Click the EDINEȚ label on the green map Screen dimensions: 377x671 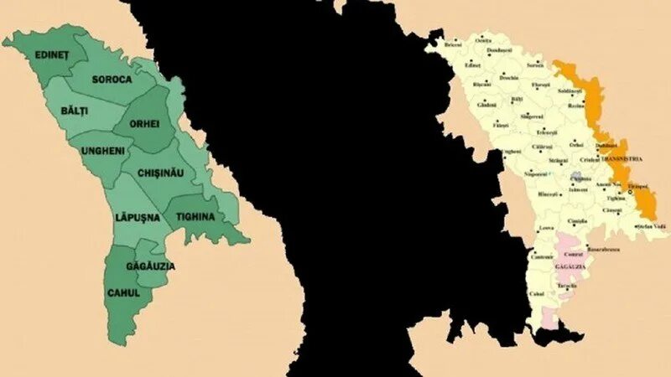(x=52, y=54)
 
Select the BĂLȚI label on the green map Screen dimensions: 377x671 (x=75, y=111)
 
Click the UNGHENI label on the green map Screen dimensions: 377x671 (x=103, y=151)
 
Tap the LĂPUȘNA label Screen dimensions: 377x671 (x=137, y=217)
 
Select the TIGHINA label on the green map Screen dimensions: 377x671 (x=195, y=217)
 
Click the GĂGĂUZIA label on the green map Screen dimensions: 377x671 (x=150, y=266)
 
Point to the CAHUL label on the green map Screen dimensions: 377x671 (x=123, y=292)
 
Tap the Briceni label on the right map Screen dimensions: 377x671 (x=454, y=44)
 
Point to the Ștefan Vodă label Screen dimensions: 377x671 (x=651, y=227)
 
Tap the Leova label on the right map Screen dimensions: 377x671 (x=546, y=227)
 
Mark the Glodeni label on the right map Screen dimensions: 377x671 (x=486, y=105)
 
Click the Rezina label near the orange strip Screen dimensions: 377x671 (x=575, y=106)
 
